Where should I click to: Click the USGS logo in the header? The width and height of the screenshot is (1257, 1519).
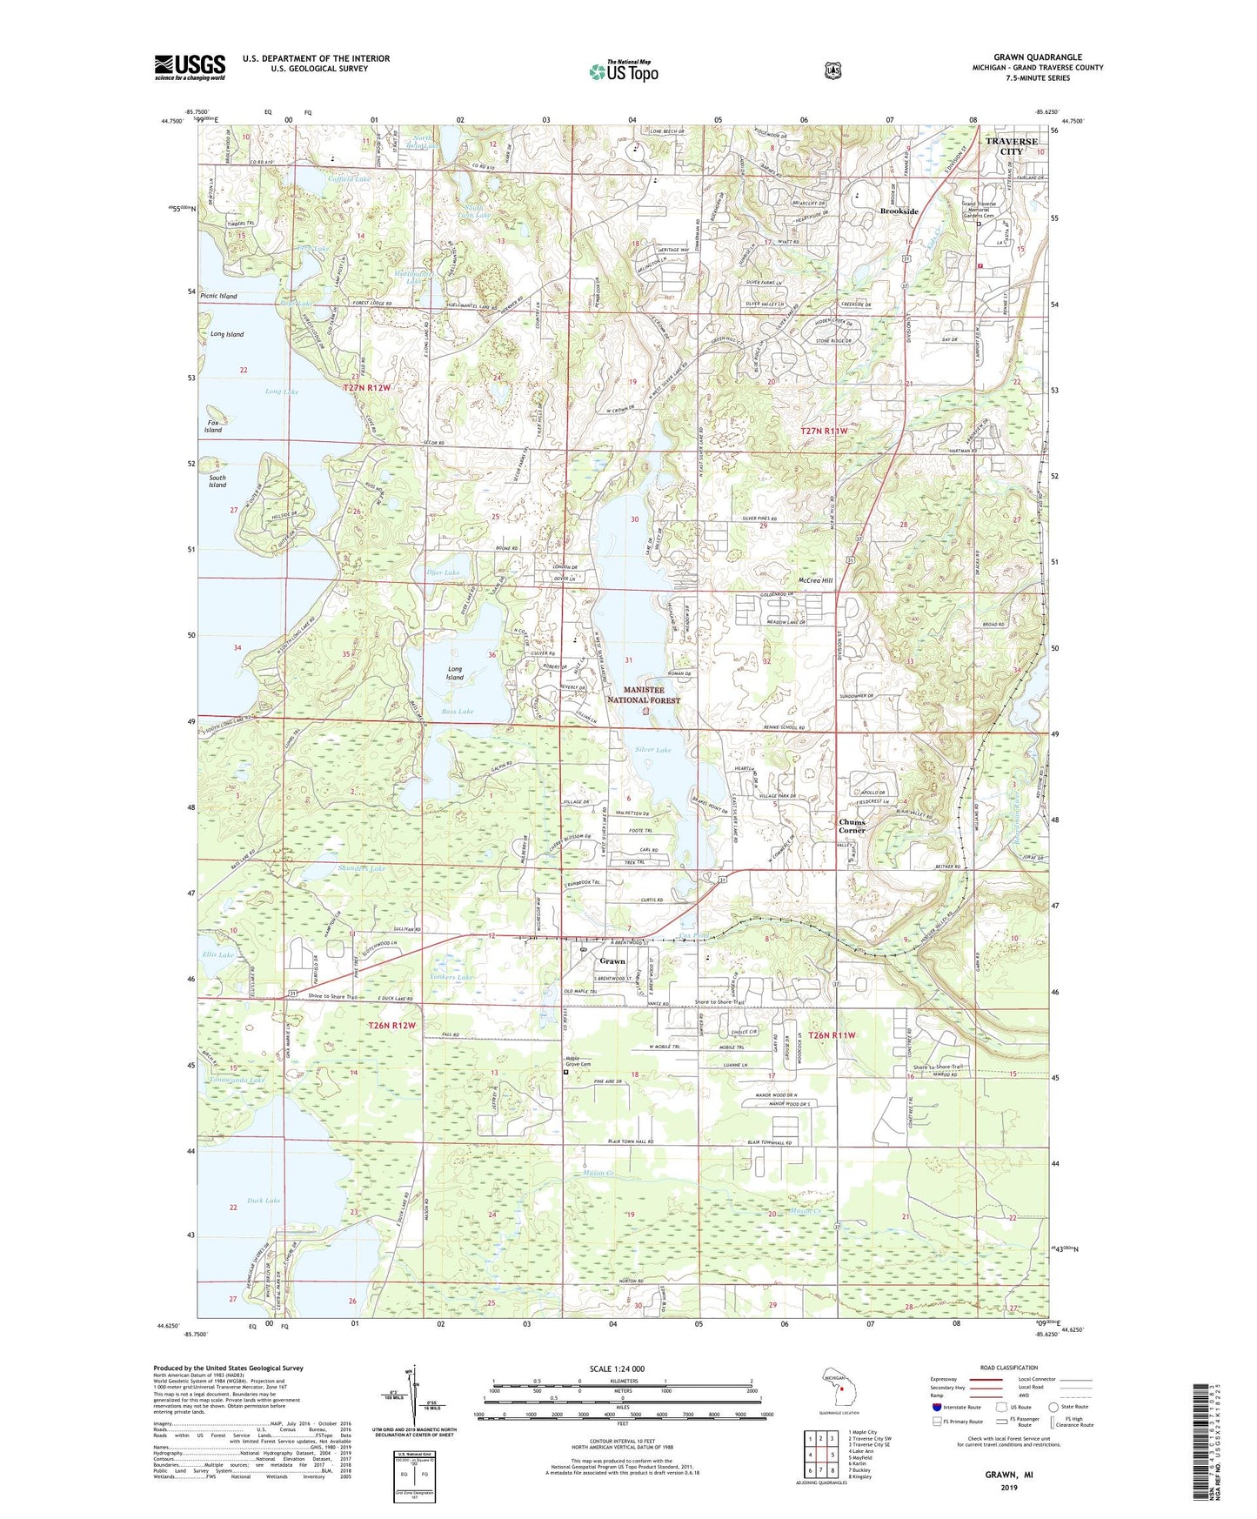(x=190, y=67)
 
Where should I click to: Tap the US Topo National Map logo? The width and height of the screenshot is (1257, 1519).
(x=624, y=71)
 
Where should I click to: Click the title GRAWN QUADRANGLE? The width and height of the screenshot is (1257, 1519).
(x=1038, y=57)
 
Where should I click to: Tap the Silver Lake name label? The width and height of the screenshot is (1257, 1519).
(x=652, y=750)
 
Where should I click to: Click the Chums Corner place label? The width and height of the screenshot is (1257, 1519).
(x=852, y=826)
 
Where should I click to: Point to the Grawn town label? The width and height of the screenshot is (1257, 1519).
(x=612, y=961)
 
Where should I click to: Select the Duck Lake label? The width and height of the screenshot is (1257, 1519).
(x=264, y=1201)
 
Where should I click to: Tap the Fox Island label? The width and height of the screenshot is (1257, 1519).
(x=213, y=425)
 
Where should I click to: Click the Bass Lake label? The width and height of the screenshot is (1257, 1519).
(x=458, y=712)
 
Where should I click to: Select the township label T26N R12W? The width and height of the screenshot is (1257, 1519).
(x=391, y=1026)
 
